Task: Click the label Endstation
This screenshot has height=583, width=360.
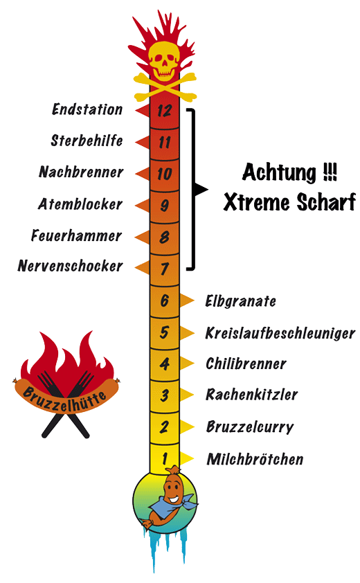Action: pos(87,109)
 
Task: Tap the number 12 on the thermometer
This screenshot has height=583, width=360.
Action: pos(164,110)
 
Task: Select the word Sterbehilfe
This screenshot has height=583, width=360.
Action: pos(87,141)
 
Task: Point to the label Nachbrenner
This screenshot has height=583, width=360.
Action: pos(81,172)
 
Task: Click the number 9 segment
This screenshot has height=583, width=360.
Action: pos(164,205)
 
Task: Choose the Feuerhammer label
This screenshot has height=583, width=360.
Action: pos(76,235)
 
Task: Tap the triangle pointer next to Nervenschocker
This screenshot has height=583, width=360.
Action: pos(142,267)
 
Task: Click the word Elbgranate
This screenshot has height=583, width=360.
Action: pos(241,301)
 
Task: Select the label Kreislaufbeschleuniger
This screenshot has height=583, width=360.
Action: pos(280,333)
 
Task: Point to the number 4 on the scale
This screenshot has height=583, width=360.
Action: pos(164,364)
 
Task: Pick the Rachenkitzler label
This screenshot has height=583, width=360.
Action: pos(252,395)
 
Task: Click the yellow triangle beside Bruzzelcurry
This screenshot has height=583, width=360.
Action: pos(187,427)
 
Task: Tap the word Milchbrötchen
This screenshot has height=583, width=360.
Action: pos(255,459)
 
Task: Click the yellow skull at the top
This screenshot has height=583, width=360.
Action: pos(164,61)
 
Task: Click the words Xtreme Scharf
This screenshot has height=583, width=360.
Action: pos(289,203)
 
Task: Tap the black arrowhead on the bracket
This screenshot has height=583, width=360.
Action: pos(201,189)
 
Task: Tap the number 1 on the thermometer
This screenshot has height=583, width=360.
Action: pos(164,459)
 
